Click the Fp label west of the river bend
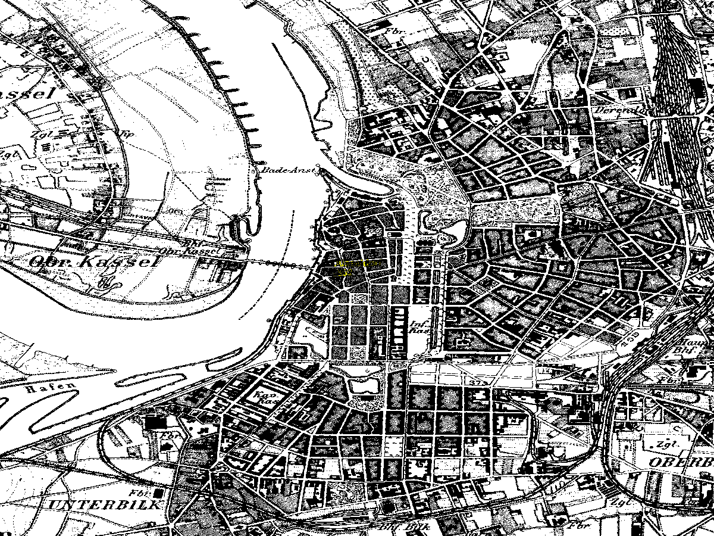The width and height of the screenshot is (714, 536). (x=128, y=133)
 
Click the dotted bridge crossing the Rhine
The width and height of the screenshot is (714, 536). (x=280, y=263)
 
